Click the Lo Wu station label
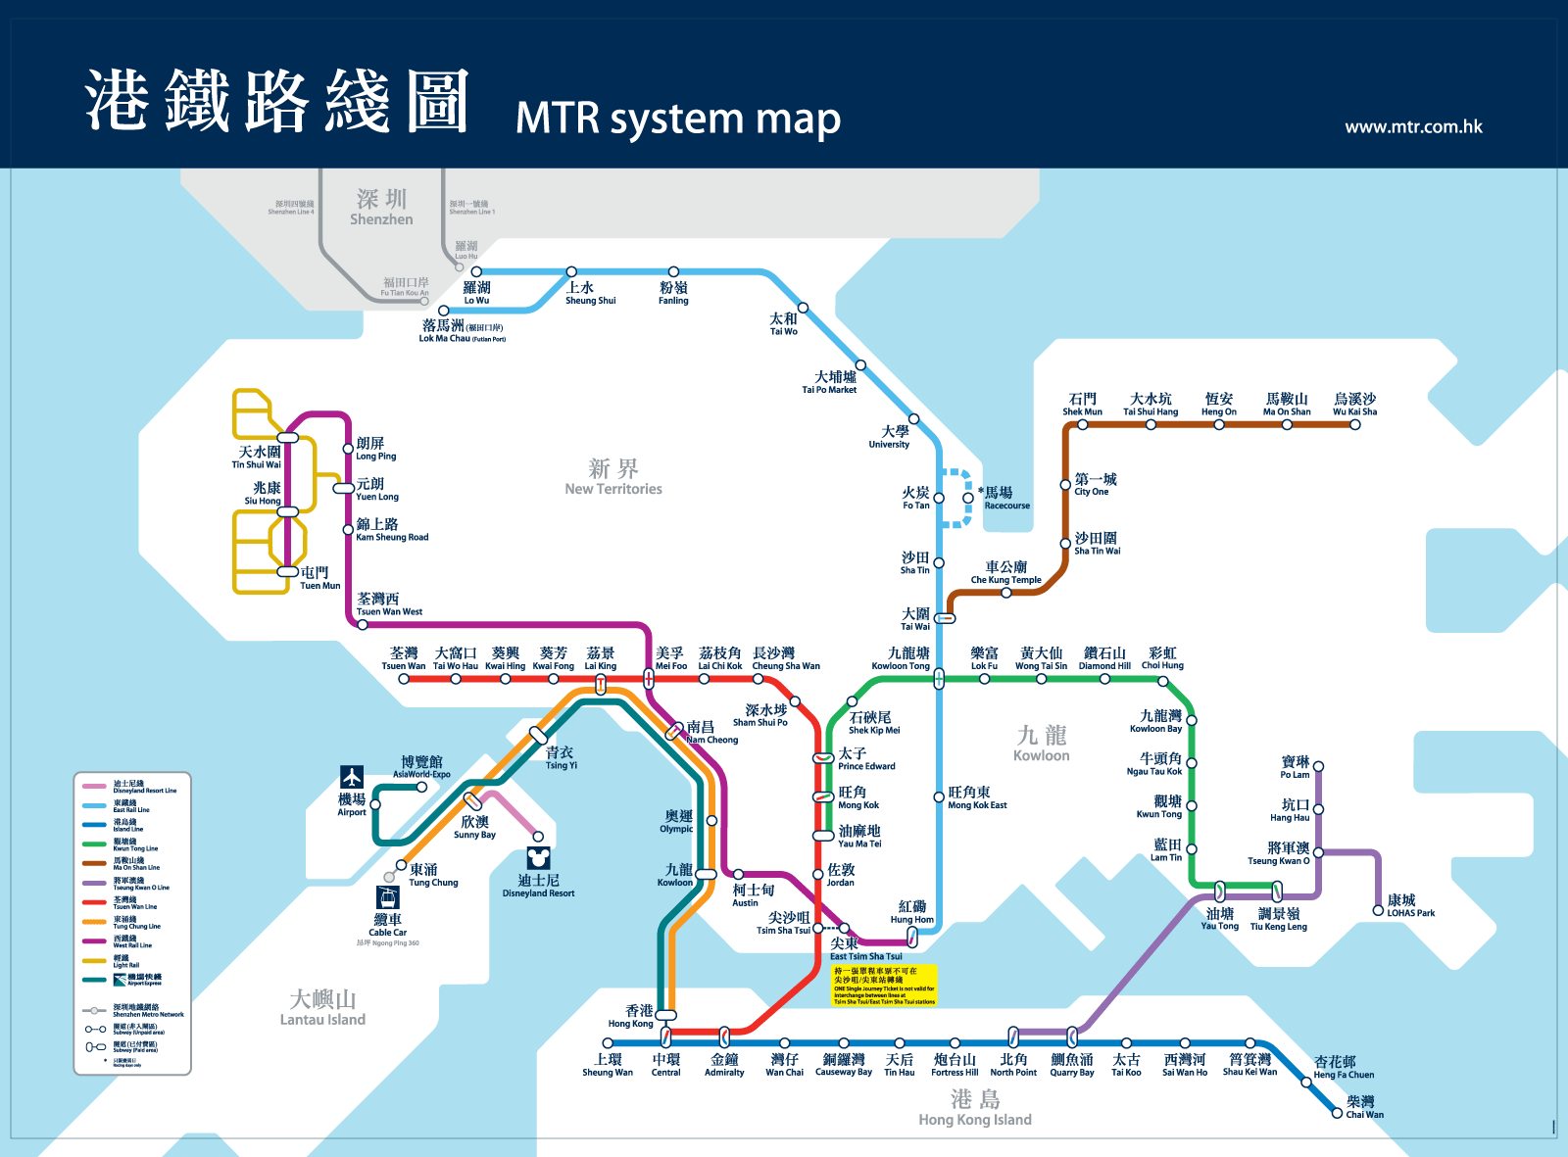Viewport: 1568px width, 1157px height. click(x=476, y=292)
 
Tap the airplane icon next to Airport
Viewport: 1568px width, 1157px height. click(x=352, y=777)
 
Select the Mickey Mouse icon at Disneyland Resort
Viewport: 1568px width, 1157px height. click(x=538, y=858)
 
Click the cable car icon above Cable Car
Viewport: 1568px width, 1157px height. click(x=388, y=897)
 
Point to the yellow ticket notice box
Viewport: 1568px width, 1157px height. click(x=885, y=986)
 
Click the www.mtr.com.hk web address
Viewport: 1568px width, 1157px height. click(x=1413, y=126)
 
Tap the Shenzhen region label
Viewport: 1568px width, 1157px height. click(x=381, y=208)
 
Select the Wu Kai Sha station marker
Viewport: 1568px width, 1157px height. click(x=1355, y=424)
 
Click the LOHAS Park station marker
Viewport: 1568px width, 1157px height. click(x=1378, y=910)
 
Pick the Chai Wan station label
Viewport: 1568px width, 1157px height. click(x=1364, y=1107)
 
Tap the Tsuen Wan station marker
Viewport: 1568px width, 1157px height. click(x=404, y=678)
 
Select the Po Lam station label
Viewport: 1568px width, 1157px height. click(x=1295, y=767)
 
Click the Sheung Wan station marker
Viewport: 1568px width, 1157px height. click(x=608, y=1044)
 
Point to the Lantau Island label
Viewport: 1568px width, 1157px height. click(x=322, y=1007)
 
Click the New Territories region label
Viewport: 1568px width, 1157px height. click(x=613, y=477)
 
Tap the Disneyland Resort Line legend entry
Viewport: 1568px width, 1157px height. click(x=131, y=787)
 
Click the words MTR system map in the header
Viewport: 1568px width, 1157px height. click(x=678, y=119)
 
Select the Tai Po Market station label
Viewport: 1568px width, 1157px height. click(x=830, y=382)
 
